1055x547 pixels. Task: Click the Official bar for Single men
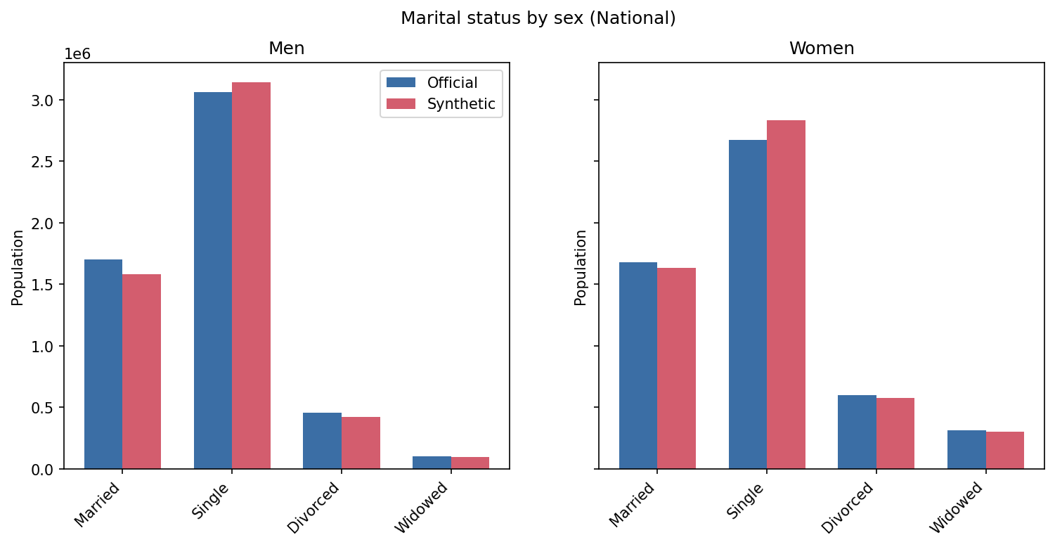pos(212,281)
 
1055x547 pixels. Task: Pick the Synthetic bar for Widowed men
pos(470,463)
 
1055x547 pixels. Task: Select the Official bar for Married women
pos(637,366)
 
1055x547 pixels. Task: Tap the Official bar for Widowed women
pos(966,449)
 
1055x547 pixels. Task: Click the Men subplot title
pos(286,49)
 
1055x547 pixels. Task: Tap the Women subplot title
pos(821,49)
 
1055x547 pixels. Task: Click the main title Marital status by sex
pos(538,18)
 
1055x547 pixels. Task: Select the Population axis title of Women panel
pos(581,267)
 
